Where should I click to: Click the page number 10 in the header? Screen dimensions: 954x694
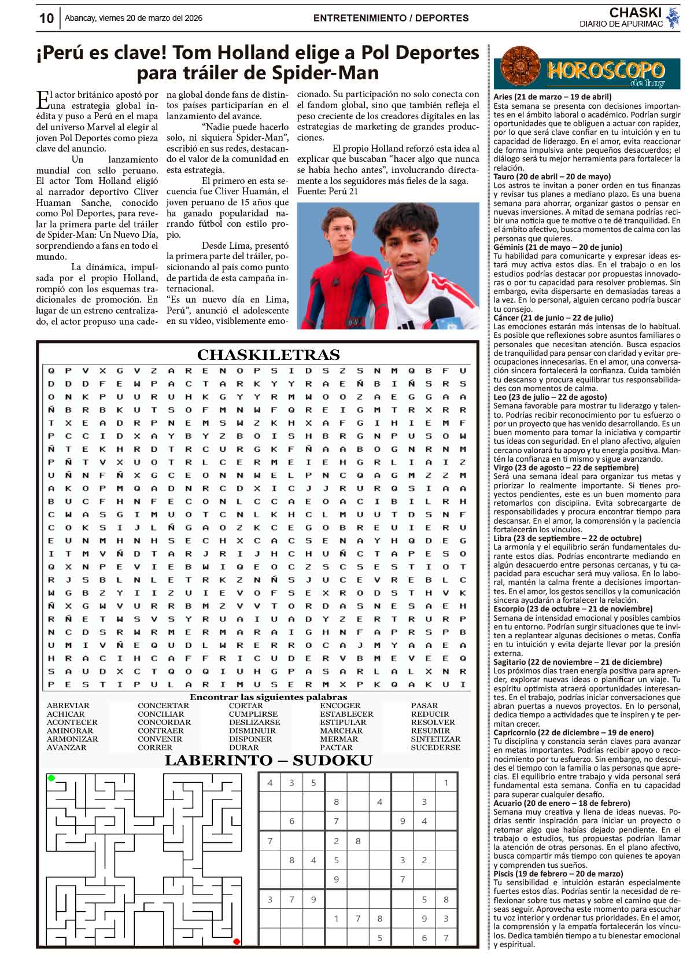coord(46,18)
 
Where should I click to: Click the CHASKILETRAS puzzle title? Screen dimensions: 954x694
coord(268,355)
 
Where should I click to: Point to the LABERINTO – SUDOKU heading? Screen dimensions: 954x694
coord(268,760)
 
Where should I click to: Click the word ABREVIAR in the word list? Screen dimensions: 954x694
coord(68,705)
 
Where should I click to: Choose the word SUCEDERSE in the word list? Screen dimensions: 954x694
coord(435,747)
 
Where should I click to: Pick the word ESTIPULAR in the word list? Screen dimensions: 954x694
coord(343,722)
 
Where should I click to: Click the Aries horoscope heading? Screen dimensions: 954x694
coord(552,97)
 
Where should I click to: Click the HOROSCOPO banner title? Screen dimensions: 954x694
coord(605,70)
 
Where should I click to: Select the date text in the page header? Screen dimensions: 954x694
coord(133,18)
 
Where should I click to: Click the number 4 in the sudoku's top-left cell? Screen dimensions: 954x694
coord(270,783)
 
